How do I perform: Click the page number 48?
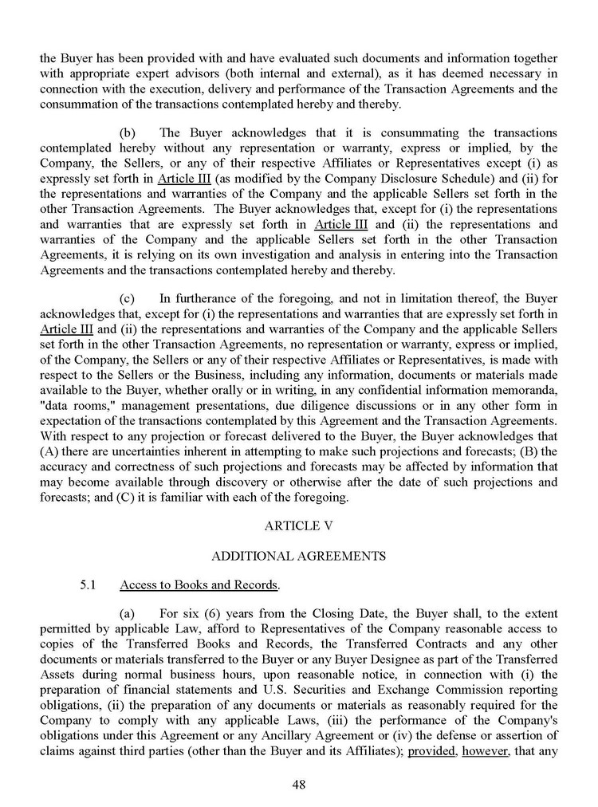[299, 785]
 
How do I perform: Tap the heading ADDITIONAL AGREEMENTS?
[299, 555]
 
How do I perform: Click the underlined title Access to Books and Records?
[199, 585]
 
